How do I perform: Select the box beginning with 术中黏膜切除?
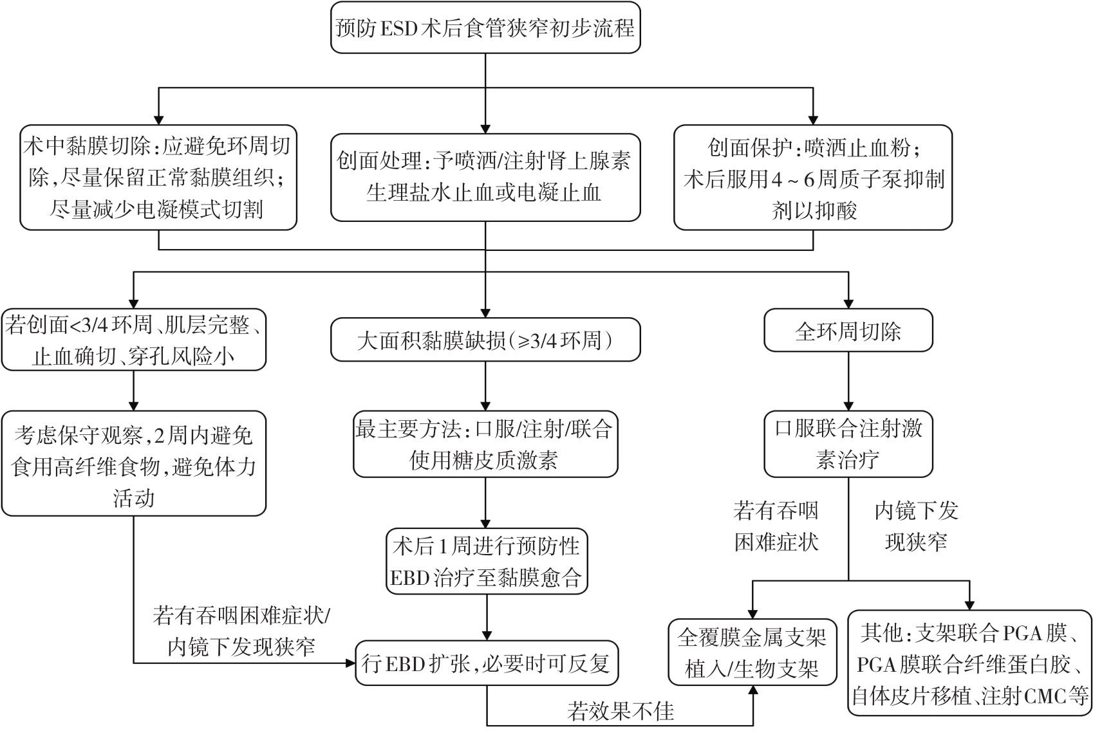(x=158, y=178)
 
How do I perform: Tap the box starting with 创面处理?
(x=485, y=177)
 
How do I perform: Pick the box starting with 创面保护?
(x=813, y=178)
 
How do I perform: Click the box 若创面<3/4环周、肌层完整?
(x=133, y=341)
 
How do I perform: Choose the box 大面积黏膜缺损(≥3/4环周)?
(x=485, y=340)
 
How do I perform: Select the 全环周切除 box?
(x=848, y=332)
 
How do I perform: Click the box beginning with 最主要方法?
(x=485, y=445)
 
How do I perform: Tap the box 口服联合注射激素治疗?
(x=848, y=445)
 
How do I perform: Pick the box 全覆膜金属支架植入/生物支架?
(x=752, y=653)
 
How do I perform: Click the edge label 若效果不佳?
(x=621, y=711)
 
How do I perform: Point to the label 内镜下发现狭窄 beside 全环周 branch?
(x=916, y=526)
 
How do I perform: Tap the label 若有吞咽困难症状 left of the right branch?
(x=776, y=526)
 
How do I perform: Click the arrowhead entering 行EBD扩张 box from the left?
(x=351, y=663)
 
